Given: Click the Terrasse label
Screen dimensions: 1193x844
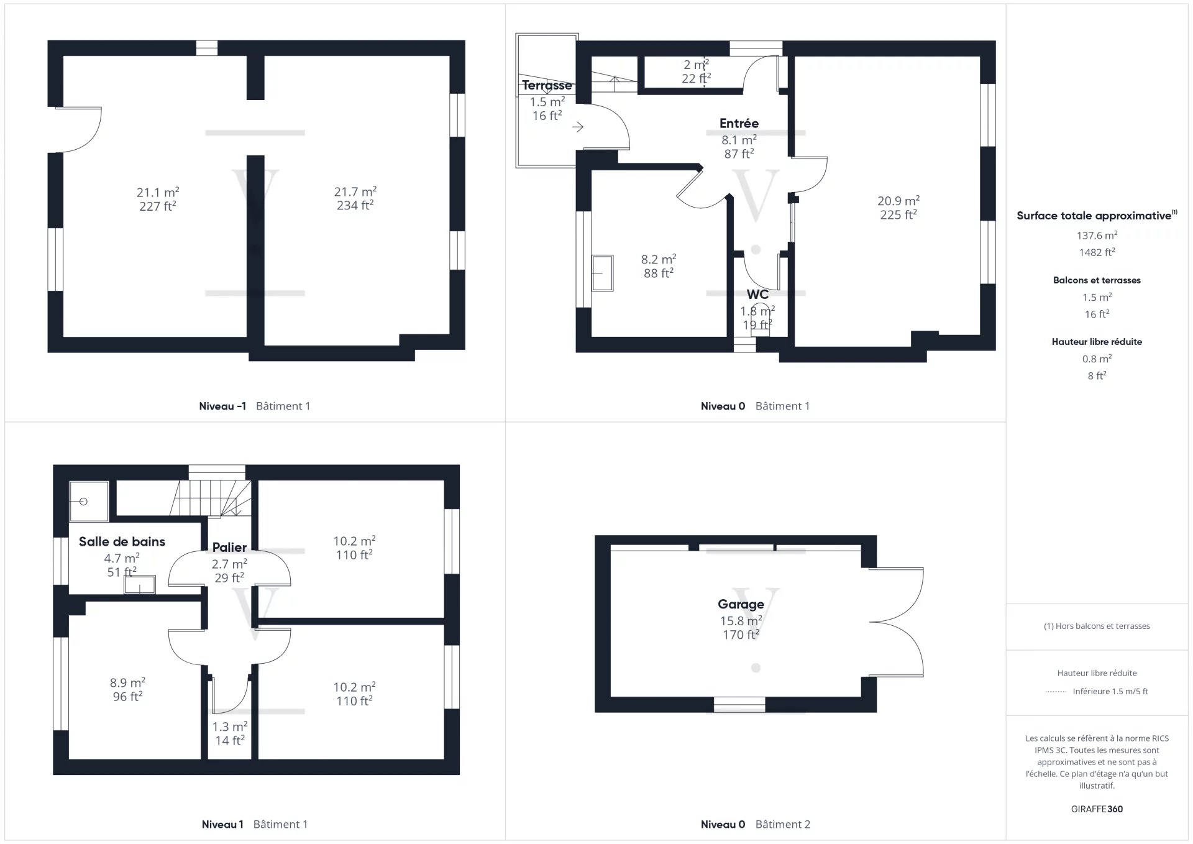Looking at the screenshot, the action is point(547,85).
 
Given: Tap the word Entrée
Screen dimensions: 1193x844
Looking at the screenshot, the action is point(739,123).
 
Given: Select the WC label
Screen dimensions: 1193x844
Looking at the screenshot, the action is point(757,294).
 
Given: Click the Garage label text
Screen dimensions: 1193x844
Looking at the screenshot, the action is point(741,604).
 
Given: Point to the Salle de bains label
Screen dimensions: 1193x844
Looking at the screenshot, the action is point(122,541).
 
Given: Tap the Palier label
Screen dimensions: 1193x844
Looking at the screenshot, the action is point(229,547).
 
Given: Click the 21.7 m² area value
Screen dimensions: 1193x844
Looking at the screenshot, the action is point(355,191).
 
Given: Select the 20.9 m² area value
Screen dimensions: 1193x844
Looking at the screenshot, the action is point(898,201).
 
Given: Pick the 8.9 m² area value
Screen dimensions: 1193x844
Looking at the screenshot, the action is point(127,682).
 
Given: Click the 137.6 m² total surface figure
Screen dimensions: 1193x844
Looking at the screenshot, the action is point(1097,235).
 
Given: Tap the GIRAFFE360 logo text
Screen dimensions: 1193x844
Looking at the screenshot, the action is point(1097,809).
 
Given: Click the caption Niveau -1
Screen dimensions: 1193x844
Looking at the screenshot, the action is point(222,406).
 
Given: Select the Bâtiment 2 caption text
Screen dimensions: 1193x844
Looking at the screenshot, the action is point(783,824).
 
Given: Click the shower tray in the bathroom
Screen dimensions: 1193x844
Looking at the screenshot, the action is point(88,501).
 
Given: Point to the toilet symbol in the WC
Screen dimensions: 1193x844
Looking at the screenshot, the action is point(760,321).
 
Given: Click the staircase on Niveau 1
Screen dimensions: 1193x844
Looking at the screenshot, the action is point(211,498).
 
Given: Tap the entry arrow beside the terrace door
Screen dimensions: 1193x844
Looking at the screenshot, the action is point(578,127).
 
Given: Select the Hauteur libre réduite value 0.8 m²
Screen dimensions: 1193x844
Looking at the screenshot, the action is point(1097,359).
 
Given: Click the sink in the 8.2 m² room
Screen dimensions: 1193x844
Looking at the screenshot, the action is point(602,273).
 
